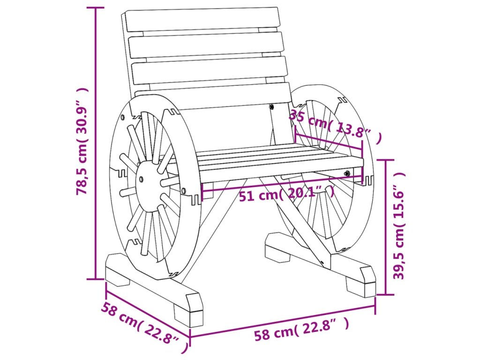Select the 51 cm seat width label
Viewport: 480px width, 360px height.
[x=286, y=194]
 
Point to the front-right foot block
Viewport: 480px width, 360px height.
[x=361, y=281]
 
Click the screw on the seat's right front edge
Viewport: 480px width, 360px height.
[x=347, y=173]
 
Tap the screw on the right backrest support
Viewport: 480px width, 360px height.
[x=272, y=107]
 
